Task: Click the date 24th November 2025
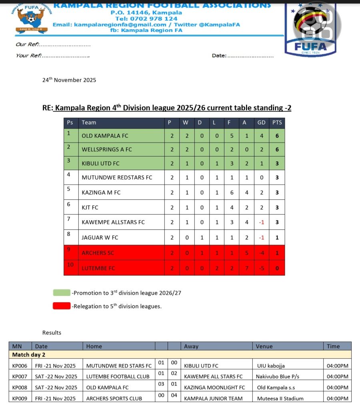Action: (69, 80)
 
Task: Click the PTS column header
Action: (277, 123)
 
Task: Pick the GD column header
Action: (261, 123)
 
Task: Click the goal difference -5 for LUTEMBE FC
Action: (261, 268)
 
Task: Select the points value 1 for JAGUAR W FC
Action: (277, 237)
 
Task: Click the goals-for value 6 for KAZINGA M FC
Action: (229, 193)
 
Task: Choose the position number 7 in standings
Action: (68, 219)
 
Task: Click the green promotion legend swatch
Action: (61, 293)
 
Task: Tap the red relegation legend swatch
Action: (61, 306)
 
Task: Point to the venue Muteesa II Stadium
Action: (280, 398)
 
